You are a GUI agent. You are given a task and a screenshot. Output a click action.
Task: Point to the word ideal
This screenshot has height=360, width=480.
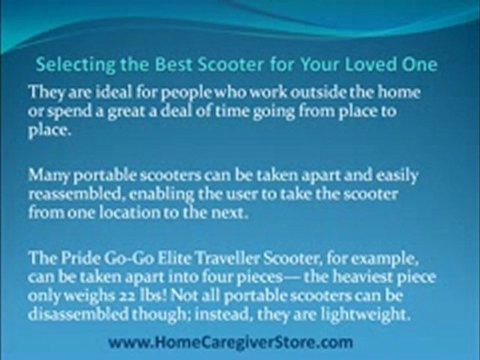pos(98,92)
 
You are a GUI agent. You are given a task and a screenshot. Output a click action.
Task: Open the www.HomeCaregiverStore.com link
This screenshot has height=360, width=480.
pos(230,342)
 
